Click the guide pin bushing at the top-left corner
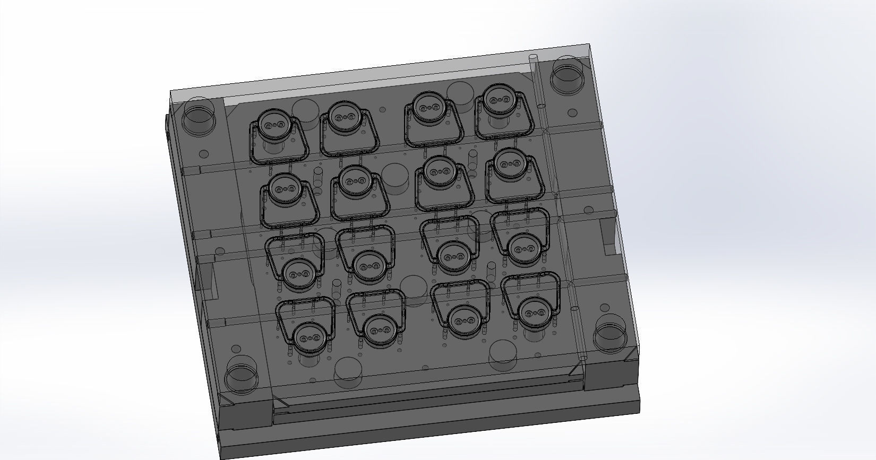[200, 117]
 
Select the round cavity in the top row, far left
[274, 124]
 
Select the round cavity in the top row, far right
[498, 99]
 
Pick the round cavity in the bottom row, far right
[534, 312]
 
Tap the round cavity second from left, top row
[345, 116]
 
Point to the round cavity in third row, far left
[297, 273]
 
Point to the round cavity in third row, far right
[523, 248]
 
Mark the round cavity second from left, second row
[354, 180]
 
